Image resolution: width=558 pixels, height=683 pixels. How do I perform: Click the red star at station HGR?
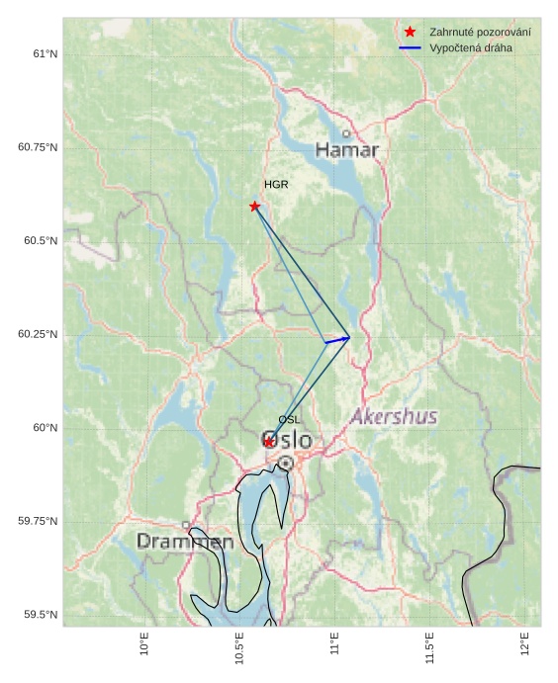pyautogui.click(x=255, y=206)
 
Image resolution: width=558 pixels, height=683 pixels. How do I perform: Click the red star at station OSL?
pyautogui.click(x=269, y=442)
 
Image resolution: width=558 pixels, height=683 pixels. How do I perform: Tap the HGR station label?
pyautogui.click(x=276, y=185)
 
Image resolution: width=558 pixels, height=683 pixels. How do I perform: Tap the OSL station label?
pyautogui.click(x=289, y=420)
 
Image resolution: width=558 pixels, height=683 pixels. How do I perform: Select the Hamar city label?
pyautogui.click(x=347, y=150)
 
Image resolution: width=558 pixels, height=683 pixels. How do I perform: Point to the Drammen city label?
pyautogui.click(x=185, y=542)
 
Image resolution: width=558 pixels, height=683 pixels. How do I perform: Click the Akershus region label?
pyautogui.click(x=394, y=417)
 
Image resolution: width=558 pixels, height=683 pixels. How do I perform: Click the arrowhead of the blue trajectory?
pyautogui.click(x=346, y=338)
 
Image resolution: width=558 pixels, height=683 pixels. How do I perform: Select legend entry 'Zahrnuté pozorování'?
pyautogui.click(x=480, y=33)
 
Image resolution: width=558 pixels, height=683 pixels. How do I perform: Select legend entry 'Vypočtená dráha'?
pyautogui.click(x=471, y=47)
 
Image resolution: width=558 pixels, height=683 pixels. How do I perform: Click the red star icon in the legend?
pyautogui.click(x=410, y=33)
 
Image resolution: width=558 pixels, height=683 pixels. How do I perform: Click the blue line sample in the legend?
pyautogui.click(x=410, y=47)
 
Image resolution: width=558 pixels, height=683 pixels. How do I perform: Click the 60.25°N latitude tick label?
pyautogui.click(x=38, y=334)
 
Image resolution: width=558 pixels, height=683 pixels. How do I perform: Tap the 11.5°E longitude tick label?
pyautogui.click(x=428, y=647)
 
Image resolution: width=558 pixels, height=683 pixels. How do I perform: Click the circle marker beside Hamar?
pyautogui.click(x=345, y=133)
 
